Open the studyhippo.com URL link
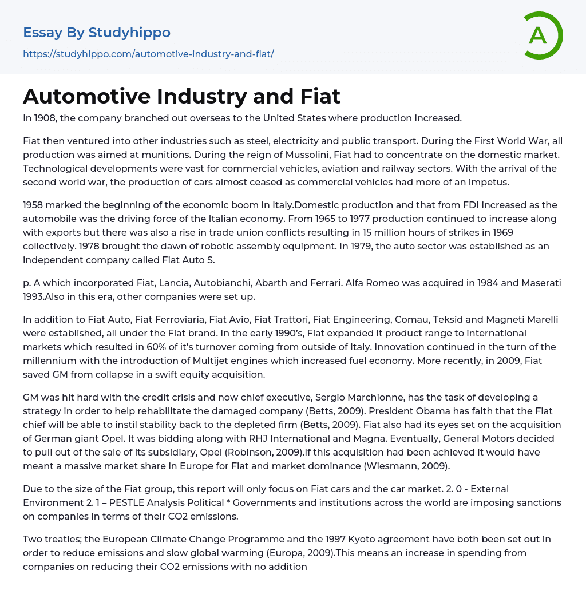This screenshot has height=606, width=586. tap(148, 54)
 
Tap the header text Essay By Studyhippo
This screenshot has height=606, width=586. tap(97, 33)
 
